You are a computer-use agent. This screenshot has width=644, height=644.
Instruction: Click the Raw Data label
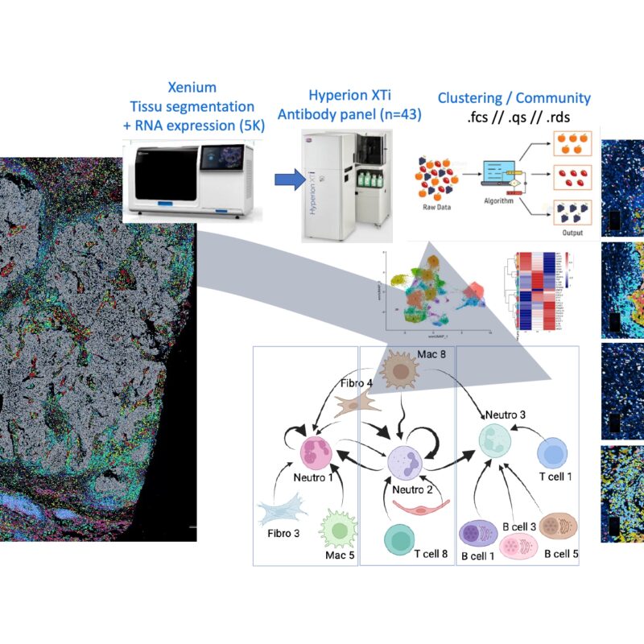[x=436, y=206]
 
